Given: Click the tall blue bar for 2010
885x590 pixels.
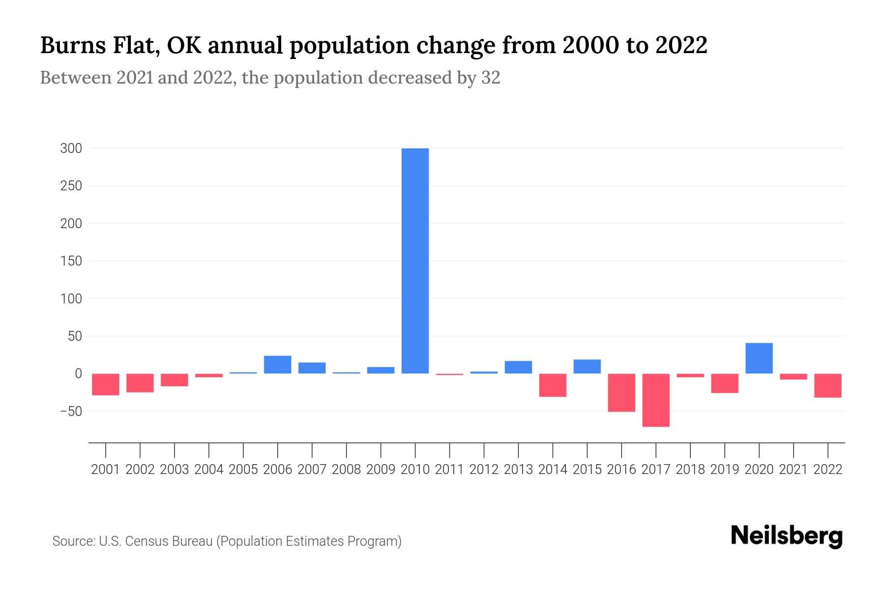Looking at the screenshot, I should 415,261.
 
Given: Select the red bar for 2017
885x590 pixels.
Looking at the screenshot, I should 656,400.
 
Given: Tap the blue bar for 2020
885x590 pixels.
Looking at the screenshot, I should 759,358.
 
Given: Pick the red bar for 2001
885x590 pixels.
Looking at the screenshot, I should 106,384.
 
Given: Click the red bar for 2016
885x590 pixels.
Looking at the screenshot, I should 621,392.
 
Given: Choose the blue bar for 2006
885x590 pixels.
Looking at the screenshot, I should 277,364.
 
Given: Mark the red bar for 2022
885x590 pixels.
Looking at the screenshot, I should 828,385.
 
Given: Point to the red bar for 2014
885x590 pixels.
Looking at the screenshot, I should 553,385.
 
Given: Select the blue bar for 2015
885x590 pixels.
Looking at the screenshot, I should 587,366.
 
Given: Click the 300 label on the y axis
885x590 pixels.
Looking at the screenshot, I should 71,148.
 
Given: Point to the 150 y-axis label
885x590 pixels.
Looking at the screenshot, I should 71,261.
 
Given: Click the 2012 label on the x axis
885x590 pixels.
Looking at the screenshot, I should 484,470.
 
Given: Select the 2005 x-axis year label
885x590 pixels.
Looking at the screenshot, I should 243,470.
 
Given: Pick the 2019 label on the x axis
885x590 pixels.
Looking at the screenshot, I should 725,470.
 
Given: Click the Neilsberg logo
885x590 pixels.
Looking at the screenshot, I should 787,536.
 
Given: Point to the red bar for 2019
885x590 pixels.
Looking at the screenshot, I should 725,383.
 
